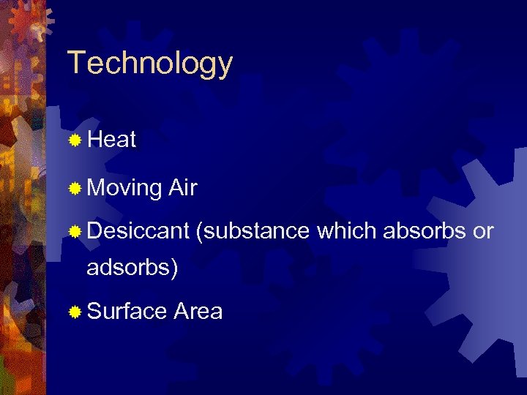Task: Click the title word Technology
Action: click(x=149, y=64)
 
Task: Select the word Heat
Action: click(x=111, y=140)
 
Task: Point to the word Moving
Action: click(x=124, y=189)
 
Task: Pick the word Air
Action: click(x=182, y=188)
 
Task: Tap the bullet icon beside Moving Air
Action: click(x=75, y=189)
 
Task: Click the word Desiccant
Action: click(x=138, y=230)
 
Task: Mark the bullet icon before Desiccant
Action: click(x=75, y=232)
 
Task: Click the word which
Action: click(x=347, y=230)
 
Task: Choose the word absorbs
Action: click(x=425, y=230)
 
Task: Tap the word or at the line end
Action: click(x=484, y=232)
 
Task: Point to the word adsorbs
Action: click(x=128, y=268)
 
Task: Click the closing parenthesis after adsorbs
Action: click(x=174, y=268)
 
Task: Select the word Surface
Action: click(x=127, y=311)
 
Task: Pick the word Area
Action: click(x=198, y=311)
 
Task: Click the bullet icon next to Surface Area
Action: click(x=75, y=312)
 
